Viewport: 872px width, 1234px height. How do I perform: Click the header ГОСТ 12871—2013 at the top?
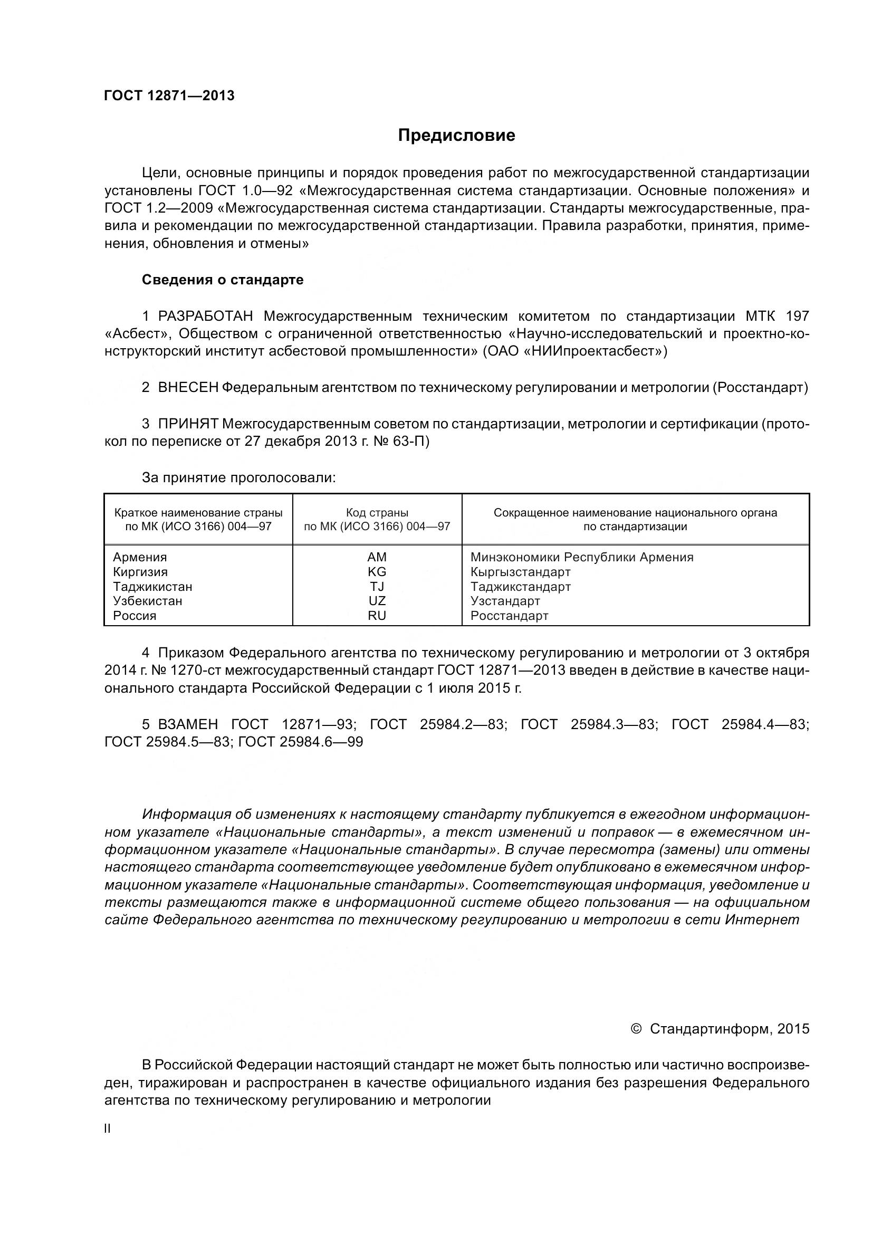[x=169, y=95]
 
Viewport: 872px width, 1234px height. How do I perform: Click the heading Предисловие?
[x=456, y=136]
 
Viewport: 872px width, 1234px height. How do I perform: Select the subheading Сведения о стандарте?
[x=223, y=280]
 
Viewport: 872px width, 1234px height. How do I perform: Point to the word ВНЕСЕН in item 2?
[x=188, y=388]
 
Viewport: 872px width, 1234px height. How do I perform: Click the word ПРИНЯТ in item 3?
[x=188, y=424]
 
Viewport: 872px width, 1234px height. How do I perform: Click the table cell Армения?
[x=140, y=557]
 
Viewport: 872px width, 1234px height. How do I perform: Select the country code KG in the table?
[x=377, y=572]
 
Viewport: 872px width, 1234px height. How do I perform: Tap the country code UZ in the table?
[x=377, y=601]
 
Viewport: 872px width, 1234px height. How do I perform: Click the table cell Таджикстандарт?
[x=520, y=586]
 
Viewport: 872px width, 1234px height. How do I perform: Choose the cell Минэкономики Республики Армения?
[x=581, y=557]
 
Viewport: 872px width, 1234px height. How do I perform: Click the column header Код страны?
[x=377, y=513]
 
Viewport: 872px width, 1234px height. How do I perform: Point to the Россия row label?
[x=135, y=616]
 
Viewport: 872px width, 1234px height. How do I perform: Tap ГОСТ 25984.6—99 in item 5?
[x=300, y=742]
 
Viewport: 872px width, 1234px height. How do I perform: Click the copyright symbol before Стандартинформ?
[x=636, y=1029]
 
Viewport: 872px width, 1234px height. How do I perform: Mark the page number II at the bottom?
[x=108, y=1128]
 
